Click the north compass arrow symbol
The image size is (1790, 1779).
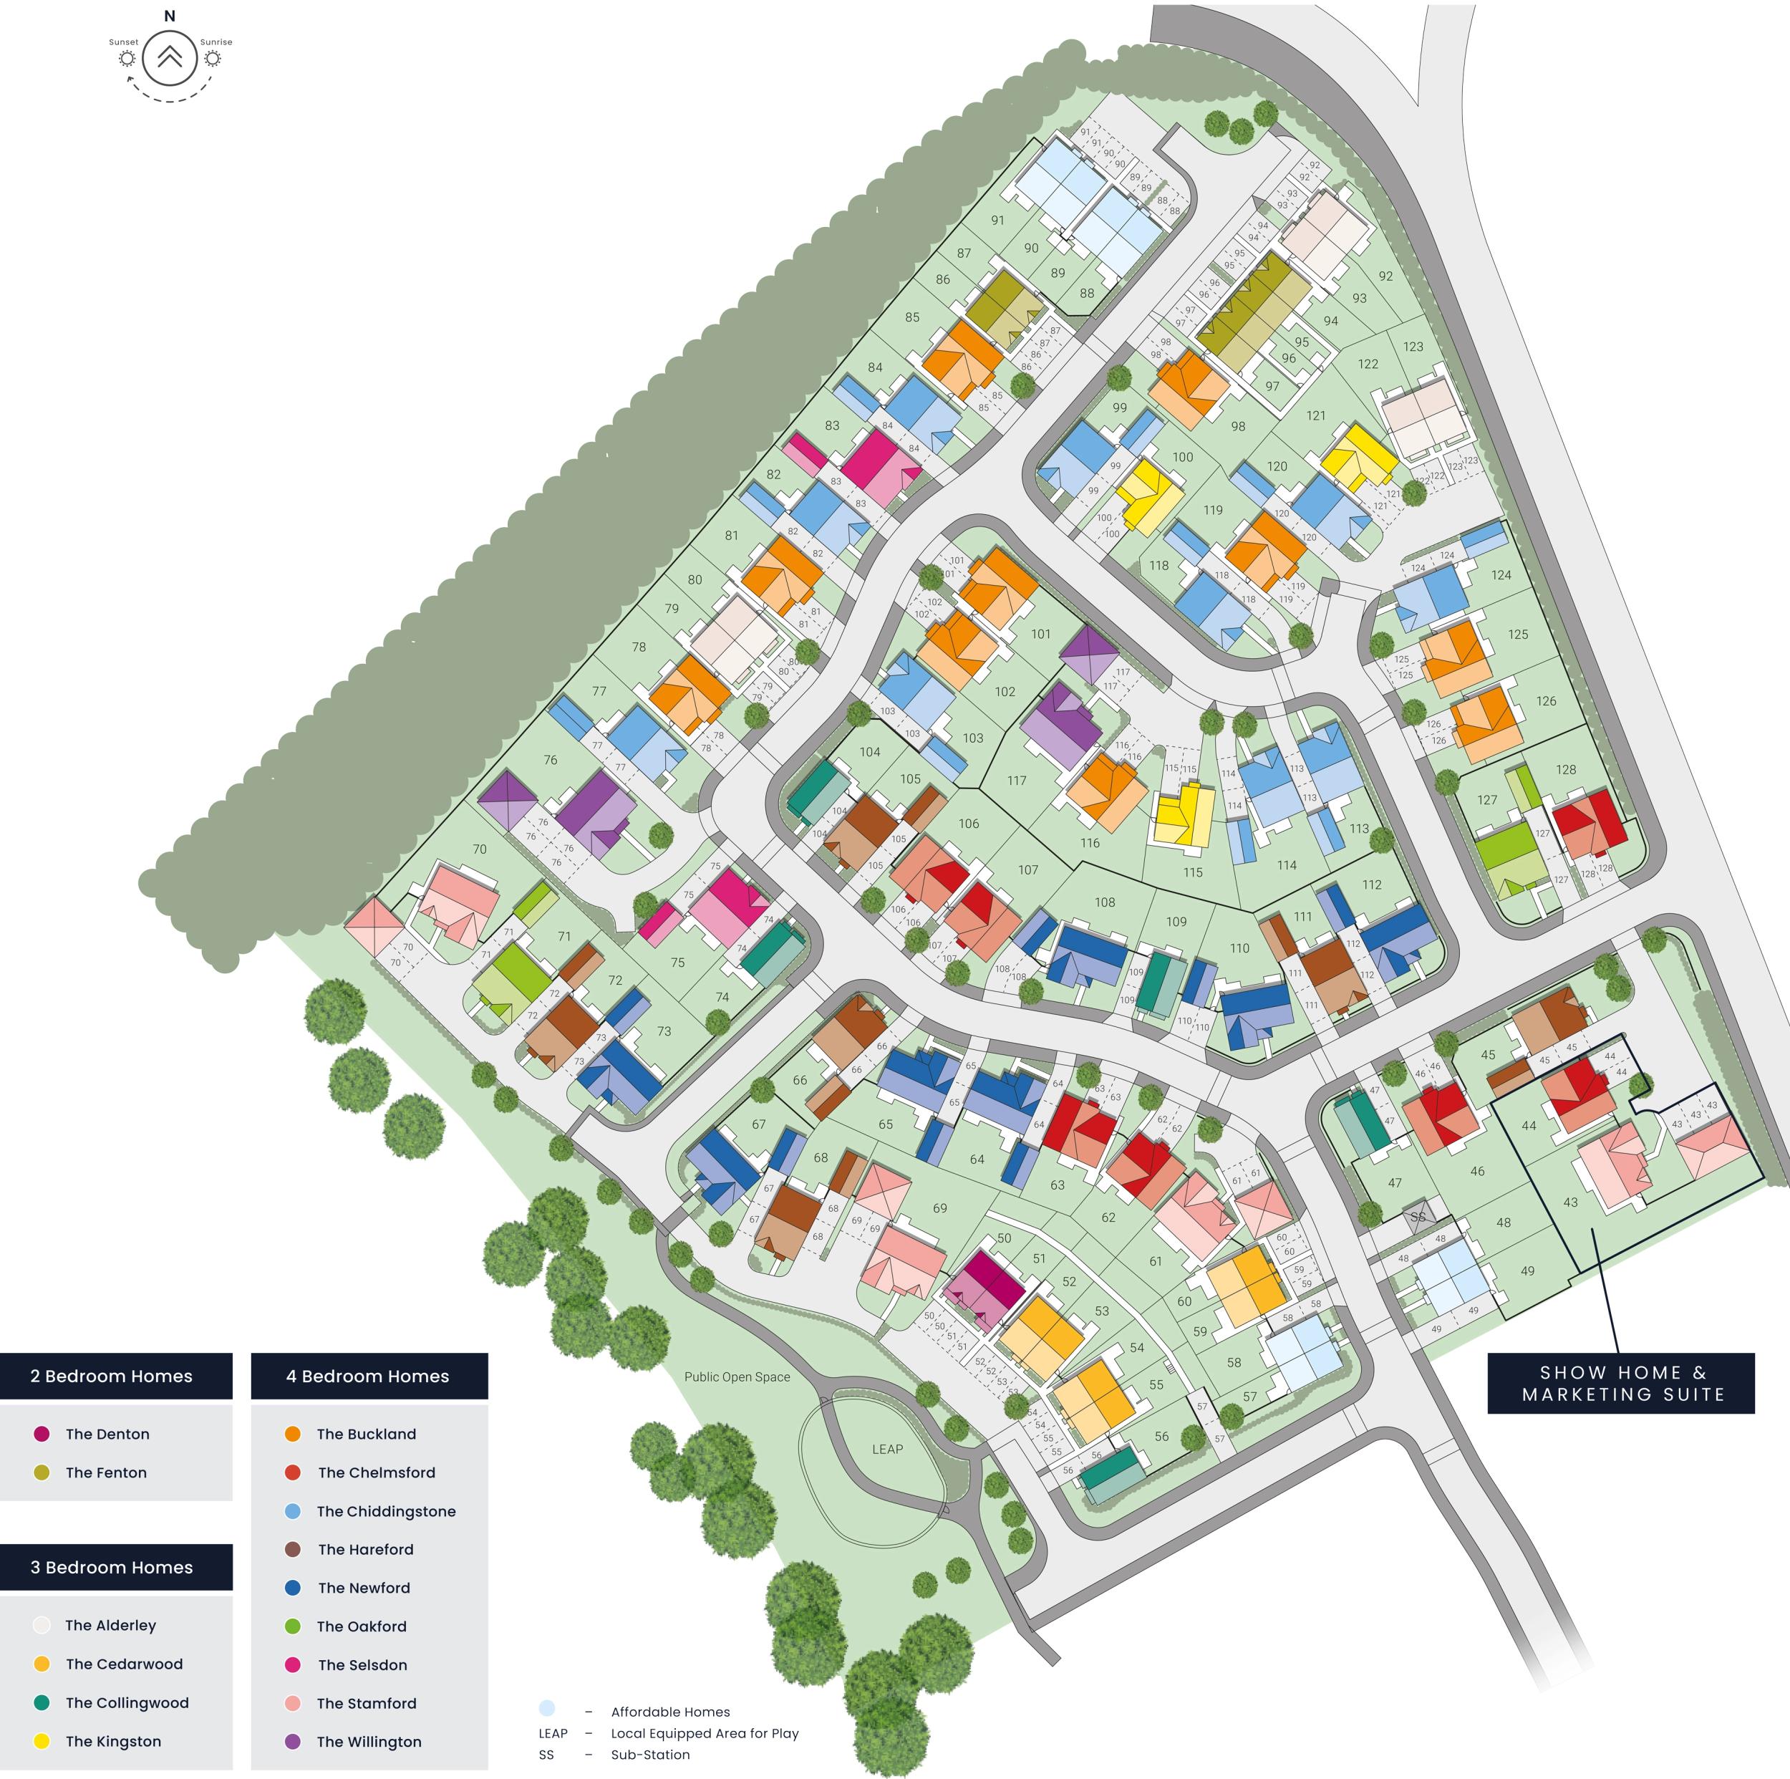(x=170, y=57)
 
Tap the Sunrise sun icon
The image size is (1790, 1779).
(x=213, y=59)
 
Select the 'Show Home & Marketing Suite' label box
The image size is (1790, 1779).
(x=1620, y=1384)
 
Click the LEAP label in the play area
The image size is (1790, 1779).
(x=886, y=1449)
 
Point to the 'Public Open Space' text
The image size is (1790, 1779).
(x=737, y=1377)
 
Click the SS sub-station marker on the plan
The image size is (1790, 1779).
(x=1417, y=1218)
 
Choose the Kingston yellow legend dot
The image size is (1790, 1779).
(x=42, y=1741)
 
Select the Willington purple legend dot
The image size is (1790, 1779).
(x=293, y=1741)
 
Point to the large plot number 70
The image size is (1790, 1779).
(x=479, y=849)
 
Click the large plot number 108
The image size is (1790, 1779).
(x=1104, y=902)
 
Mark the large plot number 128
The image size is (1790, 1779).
(x=1566, y=769)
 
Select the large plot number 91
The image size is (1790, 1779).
(x=997, y=221)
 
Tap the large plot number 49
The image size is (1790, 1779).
(x=1527, y=1271)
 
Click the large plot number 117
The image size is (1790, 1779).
(x=1017, y=780)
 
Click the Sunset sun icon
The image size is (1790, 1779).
(x=127, y=59)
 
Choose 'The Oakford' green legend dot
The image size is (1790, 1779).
(x=293, y=1626)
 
